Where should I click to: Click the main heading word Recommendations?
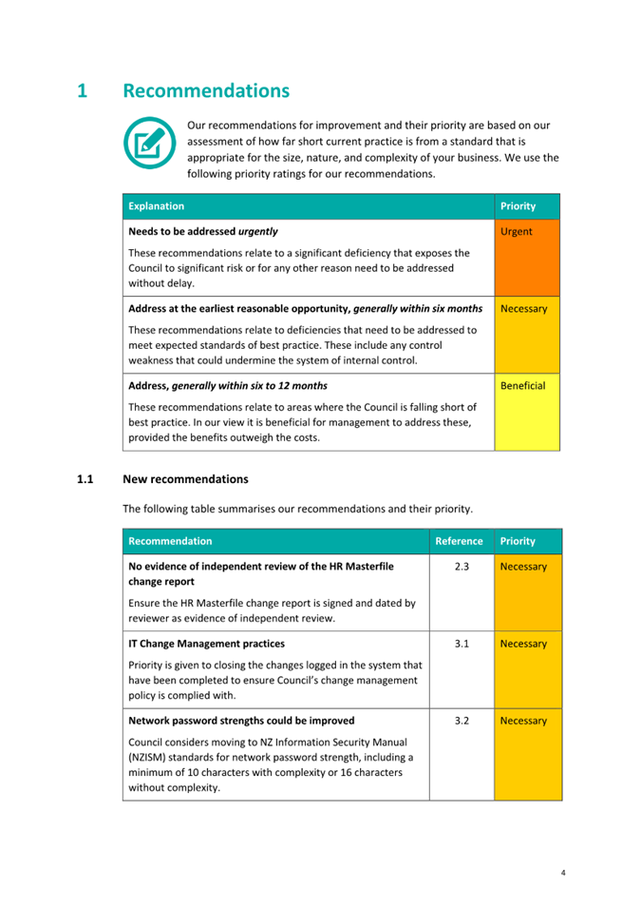point(206,91)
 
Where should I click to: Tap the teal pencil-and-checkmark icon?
point(149,142)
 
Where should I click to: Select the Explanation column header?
point(157,206)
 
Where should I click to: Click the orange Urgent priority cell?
point(527,258)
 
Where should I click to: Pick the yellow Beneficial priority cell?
point(527,412)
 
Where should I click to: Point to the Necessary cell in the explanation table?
point(527,335)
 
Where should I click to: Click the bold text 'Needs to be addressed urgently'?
point(203,231)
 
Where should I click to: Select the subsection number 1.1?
point(85,478)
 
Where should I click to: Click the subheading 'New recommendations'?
point(185,478)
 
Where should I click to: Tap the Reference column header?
point(459,541)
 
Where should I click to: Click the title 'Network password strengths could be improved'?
point(241,721)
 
